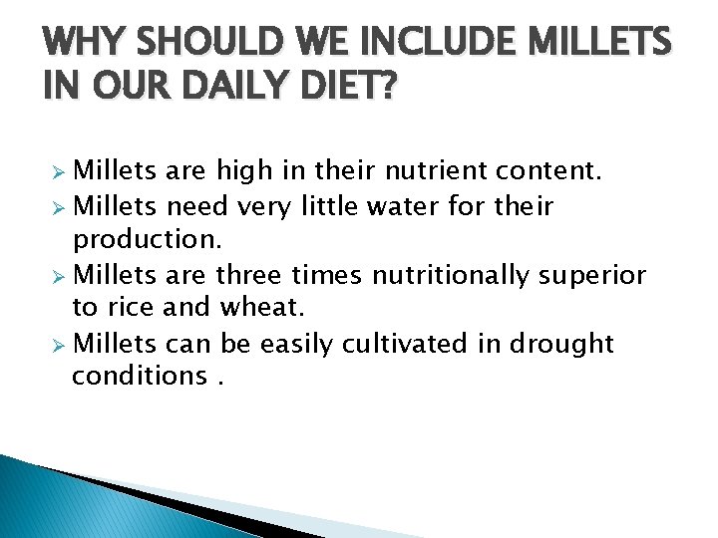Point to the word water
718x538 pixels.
click(x=402, y=206)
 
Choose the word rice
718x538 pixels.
click(x=131, y=309)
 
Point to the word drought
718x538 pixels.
click(x=561, y=344)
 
